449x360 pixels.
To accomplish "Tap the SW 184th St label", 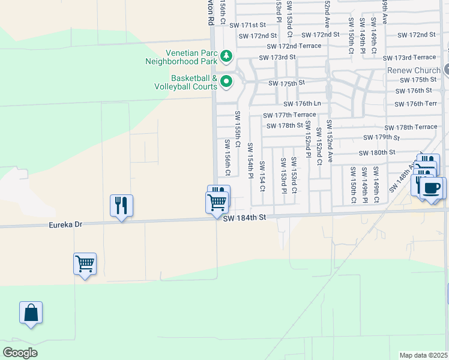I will [243, 220].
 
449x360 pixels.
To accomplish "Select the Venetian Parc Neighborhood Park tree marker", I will [226, 57].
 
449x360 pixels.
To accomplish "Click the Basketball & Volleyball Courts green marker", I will [226, 82].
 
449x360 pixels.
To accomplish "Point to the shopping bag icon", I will [31, 313].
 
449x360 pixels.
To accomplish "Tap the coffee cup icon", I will [432, 188].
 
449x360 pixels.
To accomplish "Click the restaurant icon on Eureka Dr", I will [121, 206].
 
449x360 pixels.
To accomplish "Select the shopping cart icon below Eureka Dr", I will [85, 263].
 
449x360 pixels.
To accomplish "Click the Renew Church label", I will [414, 70].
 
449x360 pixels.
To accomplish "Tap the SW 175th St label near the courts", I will [287, 83].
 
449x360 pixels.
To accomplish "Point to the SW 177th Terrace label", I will [289, 115].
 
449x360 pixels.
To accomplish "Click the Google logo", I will [20, 353].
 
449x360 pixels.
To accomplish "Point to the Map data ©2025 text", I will [424, 355].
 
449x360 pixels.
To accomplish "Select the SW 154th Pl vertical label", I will [250, 160].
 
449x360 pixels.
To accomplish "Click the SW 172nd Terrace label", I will [294, 46].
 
